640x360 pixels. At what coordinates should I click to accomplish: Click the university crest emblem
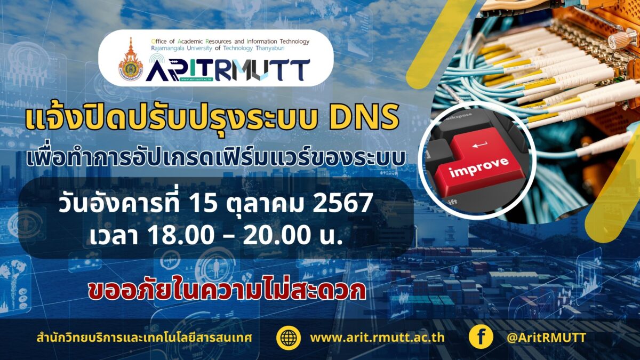(x=131, y=59)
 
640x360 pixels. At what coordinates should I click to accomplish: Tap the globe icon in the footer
(x=289, y=338)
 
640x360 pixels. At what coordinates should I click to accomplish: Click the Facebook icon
(x=481, y=337)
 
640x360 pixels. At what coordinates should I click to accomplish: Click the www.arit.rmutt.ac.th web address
(x=377, y=338)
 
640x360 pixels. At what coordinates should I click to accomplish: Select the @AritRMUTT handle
(x=546, y=338)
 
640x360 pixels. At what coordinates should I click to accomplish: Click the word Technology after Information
(x=294, y=42)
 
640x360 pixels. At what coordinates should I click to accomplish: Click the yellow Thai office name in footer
(x=145, y=338)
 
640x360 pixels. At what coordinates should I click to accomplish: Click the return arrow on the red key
(x=480, y=145)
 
